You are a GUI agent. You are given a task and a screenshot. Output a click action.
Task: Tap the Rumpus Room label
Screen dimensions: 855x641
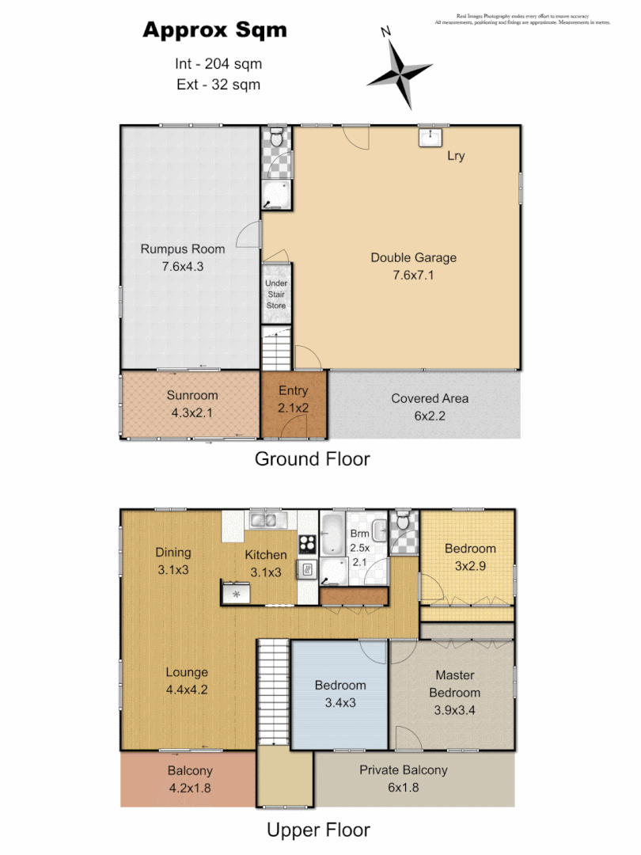click(x=183, y=249)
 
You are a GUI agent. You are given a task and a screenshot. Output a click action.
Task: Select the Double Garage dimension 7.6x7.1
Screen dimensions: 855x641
click(x=414, y=275)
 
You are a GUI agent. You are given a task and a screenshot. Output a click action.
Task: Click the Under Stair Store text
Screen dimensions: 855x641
click(x=276, y=294)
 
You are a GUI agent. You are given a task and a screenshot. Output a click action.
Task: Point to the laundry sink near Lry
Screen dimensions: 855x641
click(x=430, y=139)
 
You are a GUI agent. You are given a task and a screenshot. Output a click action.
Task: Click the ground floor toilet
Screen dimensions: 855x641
click(x=276, y=139)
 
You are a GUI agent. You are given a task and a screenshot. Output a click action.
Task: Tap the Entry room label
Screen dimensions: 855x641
click(x=293, y=390)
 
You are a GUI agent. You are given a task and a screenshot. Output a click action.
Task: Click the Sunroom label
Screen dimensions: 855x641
click(x=192, y=395)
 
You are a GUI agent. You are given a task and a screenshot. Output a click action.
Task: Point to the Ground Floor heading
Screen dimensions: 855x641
click(x=312, y=458)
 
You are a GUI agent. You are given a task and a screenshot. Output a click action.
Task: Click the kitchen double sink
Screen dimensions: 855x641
click(x=267, y=520)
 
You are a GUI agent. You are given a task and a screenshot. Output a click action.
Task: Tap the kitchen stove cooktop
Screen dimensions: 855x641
click(x=307, y=545)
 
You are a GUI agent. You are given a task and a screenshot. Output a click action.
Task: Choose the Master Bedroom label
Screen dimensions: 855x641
click(x=455, y=684)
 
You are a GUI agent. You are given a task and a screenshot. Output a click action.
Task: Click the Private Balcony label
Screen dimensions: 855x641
click(x=403, y=769)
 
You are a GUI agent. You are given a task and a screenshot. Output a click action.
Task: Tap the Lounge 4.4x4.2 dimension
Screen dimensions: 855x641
click(x=187, y=689)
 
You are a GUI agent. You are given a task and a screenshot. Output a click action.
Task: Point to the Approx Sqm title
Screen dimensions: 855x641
click(x=214, y=31)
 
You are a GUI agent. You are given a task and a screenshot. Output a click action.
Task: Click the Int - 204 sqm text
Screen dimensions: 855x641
click(x=218, y=64)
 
